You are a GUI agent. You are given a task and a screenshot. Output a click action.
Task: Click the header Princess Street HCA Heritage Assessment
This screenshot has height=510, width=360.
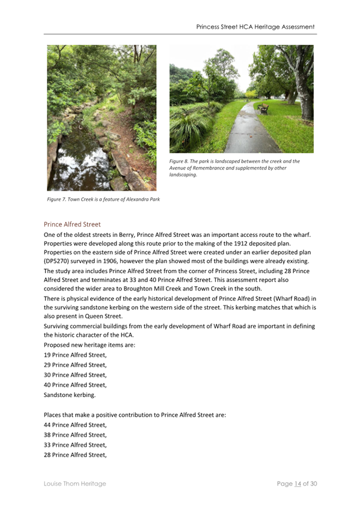point(255,27)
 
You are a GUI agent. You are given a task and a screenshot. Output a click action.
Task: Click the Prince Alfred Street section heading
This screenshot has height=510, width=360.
point(72,224)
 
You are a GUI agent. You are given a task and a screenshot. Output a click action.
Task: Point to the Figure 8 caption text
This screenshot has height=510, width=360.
point(234,168)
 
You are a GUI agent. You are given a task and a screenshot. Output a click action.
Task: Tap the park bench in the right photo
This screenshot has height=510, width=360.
point(263,108)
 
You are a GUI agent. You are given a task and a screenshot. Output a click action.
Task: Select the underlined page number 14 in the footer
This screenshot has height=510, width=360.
point(297,484)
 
